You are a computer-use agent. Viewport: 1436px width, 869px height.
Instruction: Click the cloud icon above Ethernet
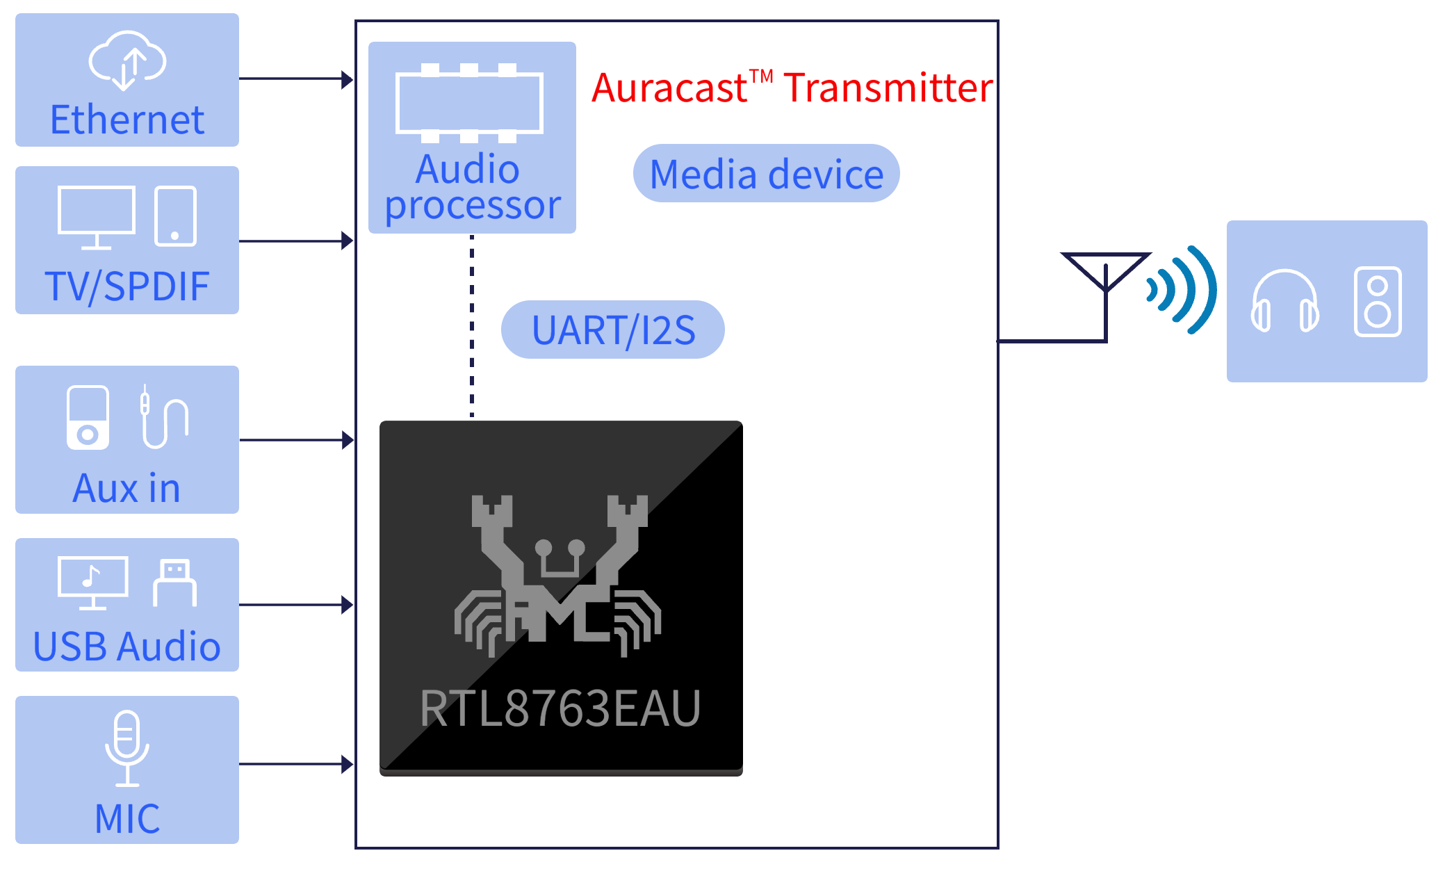click(x=127, y=60)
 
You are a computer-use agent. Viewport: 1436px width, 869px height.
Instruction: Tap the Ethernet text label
click(x=127, y=120)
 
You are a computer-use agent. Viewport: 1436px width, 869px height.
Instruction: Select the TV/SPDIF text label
click(x=127, y=286)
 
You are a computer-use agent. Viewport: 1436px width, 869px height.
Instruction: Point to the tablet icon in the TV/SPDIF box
click(x=175, y=216)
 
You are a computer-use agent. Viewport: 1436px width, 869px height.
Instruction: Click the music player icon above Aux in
click(x=88, y=417)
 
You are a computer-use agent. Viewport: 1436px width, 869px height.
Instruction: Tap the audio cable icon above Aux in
click(x=164, y=416)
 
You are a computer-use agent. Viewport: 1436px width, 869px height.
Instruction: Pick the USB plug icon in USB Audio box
click(x=174, y=583)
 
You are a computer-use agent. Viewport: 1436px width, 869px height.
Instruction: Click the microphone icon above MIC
click(x=127, y=748)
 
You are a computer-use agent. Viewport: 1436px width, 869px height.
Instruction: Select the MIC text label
click(x=127, y=818)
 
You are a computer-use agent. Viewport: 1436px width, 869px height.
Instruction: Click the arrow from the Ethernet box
click(x=296, y=79)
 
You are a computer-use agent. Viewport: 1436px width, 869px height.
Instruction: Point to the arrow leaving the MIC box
click(x=296, y=765)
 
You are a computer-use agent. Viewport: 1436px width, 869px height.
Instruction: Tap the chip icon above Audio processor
click(x=469, y=102)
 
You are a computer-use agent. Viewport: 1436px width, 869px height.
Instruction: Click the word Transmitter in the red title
click(x=888, y=88)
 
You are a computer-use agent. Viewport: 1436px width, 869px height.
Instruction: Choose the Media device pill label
click(x=767, y=174)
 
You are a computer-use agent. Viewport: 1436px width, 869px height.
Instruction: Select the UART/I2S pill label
click(x=613, y=330)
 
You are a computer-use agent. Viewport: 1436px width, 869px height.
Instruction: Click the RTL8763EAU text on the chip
click(x=560, y=708)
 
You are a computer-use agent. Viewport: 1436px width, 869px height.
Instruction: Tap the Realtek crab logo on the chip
click(x=558, y=576)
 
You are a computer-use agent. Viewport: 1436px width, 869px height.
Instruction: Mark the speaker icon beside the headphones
click(x=1378, y=302)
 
